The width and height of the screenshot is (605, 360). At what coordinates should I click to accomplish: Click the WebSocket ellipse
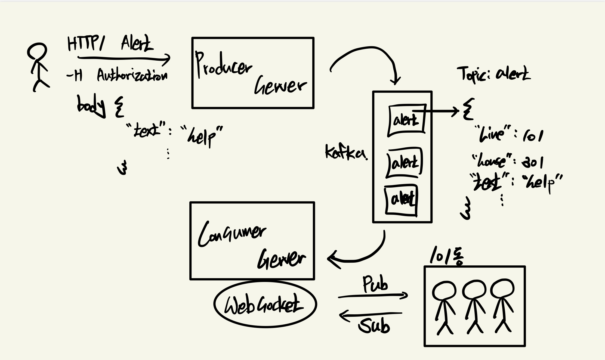pyautogui.click(x=265, y=304)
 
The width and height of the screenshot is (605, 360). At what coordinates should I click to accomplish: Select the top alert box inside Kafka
pyautogui.click(x=406, y=120)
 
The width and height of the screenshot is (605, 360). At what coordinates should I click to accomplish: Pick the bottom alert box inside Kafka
pyautogui.click(x=401, y=200)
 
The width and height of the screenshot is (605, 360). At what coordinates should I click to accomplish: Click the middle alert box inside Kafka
pyautogui.click(x=405, y=163)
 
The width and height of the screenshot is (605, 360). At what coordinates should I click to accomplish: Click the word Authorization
pyautogui.click(x=132, y=75)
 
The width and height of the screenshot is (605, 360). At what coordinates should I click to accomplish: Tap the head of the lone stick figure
pyautogui.click(x=37, y=51)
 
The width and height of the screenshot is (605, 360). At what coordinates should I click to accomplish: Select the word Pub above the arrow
pyautogui.click(x=375, y=284)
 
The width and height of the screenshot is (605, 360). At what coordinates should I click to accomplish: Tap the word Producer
pyautogui.click(x=223, y=65)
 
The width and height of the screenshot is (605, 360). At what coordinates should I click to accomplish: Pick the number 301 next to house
pyautogui.click(x=533, y=162)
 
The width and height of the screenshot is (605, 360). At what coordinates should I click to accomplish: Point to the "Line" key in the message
pyautogui.click(x=493, y=134)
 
